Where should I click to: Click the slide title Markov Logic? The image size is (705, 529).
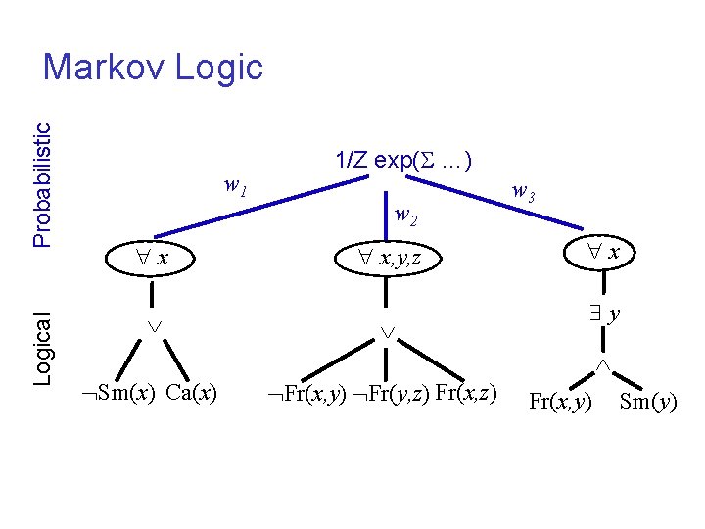[x=154, y=67]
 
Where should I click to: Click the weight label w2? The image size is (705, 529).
[x=405, y=215]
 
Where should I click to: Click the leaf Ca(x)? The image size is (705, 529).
[x=192, y=394]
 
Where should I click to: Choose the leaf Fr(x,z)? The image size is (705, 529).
[x=465, y=394]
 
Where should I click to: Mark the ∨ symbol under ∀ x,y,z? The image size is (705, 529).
[x=387, y=333]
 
